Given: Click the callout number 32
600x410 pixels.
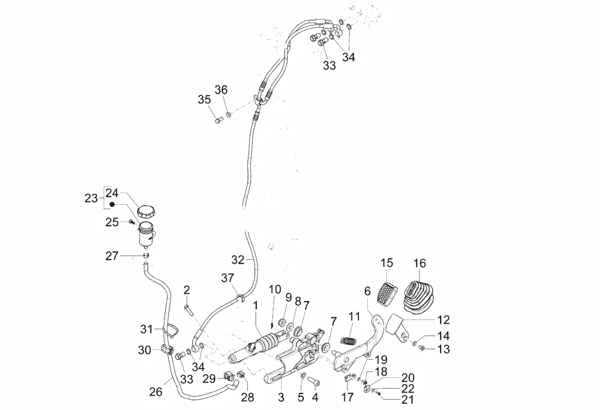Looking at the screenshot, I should pyautogui.click(x=238, y=259).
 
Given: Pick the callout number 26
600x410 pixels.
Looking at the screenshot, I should pyautogui.click(x=156, y=392).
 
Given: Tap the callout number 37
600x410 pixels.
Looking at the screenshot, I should pyautogui.click(x=227, y=278).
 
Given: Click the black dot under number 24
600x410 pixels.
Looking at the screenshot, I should pyautogui.click(x=112, y=204).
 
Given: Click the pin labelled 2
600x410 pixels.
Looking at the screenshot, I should pyautogui.click(x=188, y=306).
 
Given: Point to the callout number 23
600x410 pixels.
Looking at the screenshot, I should pyautogui.click(x=91, y=198).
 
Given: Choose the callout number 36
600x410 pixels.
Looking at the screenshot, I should pyautogui.click(x=221, y=90).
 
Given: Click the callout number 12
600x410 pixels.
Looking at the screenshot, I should pyautogui.click(x=443, y=319).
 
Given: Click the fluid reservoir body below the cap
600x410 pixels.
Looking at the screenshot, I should pyautogui.click(x=146, y=236).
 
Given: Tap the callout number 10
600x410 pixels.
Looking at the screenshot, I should pyautogui.click(x=275, y=289).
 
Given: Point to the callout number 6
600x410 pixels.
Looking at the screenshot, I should pyautogui.click(x=367, y=291).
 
